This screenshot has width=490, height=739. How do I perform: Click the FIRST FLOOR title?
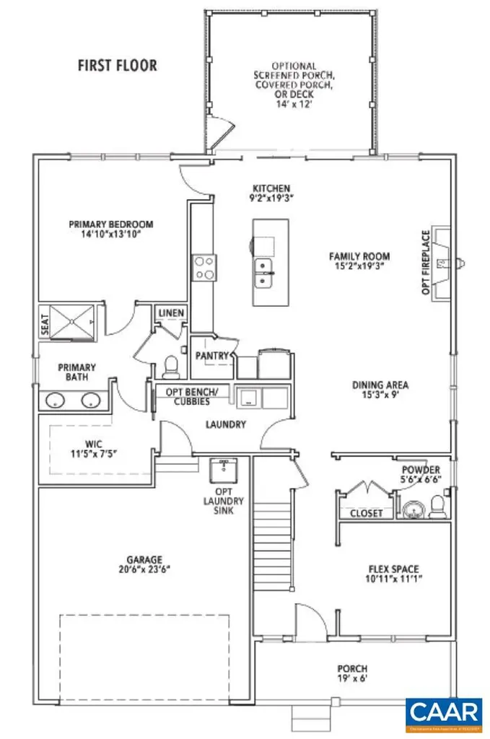[117, 65]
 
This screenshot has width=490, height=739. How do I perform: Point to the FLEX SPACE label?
[393, 568]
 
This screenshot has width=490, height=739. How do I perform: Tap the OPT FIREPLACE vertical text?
[426, 263]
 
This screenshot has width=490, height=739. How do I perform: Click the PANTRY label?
[212, 356]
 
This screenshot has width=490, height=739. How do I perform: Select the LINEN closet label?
[172, 313]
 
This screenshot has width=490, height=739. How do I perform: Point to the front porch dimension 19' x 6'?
[352, 679]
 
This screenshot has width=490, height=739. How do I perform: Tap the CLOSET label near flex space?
[366, 513]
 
